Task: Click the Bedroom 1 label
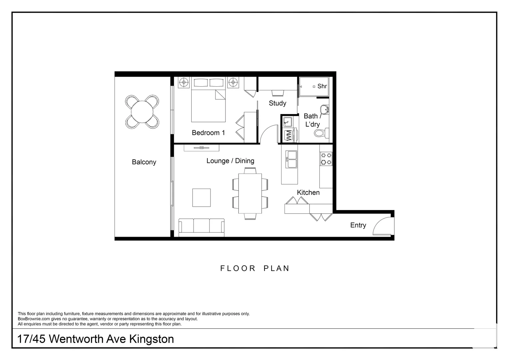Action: click(x=208, y=133)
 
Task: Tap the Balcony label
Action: click(x=144, y=162)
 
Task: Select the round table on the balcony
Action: click(x=142, y=112)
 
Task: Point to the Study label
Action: click(x=277, y=103)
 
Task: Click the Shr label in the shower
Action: click(x=322, y=86)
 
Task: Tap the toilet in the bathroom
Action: click(x=320, y=134)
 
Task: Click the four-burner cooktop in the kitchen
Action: click(x=326, y=159)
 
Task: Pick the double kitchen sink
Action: click(x=291, y=160)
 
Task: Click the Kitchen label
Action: click(x=308, y=192)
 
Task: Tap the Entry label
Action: click(x=358, y=225)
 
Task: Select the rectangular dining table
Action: click(x=250, y=193)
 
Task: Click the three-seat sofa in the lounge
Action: click(x=202, y=226)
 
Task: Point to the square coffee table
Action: click(x=201, y=198)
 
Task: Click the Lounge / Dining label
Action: click(x=230, y=161)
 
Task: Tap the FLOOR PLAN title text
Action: click(x=255, y=268)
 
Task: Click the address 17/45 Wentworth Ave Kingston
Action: click(x=96, y=339)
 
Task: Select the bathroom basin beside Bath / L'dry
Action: click(x=324, y=110)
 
